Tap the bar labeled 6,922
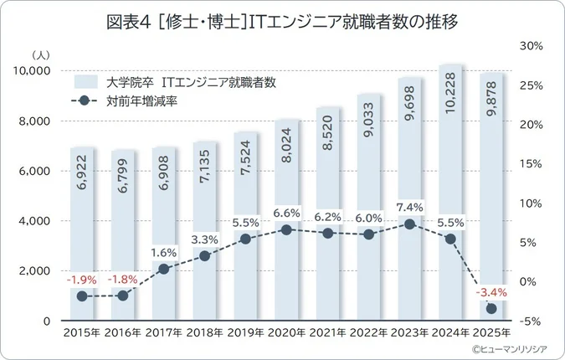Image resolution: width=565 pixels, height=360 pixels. coord(82,234)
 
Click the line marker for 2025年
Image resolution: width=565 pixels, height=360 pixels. coord(492,309)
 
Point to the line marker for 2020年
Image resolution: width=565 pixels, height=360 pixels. coord(287,229)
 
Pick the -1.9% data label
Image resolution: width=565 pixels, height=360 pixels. coord(82,279)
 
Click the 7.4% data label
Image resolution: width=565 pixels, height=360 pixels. coord(410,207)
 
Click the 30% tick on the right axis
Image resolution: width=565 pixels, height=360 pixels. coord(533,45)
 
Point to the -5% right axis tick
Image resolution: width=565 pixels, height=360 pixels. coord(533,321)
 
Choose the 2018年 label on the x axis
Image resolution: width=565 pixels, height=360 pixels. coord(205,332)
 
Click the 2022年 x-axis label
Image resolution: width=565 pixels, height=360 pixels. coord(369,332)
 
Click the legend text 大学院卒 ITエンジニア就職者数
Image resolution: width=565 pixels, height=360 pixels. coord(192,82)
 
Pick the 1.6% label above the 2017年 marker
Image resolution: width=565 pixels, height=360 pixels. coord(164,251)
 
